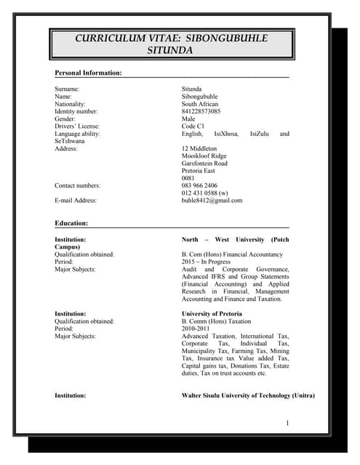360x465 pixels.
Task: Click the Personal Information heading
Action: (x=88, y=73)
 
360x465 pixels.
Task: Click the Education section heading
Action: (x=71, y=223)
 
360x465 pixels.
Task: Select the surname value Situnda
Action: (x=192, y=89)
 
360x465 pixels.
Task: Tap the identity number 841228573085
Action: (x=201, y=111)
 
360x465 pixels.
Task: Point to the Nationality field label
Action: (x=71, y=104)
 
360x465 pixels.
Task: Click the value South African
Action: (x=200, y=104)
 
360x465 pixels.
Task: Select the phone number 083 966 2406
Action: (x=199, y=185)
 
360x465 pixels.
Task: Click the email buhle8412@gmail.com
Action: (x=212, y=201)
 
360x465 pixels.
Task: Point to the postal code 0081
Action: (x=188, y=178)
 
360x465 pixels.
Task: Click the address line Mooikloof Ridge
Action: (x=204, y=156)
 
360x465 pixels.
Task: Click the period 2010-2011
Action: (x=194, y=328)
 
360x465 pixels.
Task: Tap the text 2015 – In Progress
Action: (x=205, y=262)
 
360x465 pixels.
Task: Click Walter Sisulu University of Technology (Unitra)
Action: (x=247, y=395)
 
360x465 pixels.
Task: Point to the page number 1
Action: (x=287, y=423)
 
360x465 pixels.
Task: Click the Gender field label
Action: (x=65, y=118)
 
